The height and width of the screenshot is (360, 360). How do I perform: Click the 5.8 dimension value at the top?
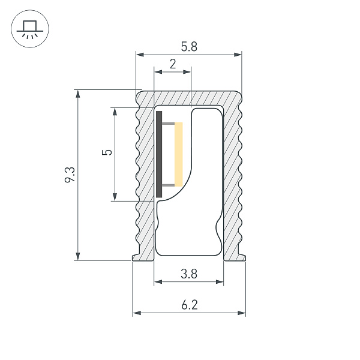pos(188,46)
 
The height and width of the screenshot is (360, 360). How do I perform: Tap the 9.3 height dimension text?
pos(70,175)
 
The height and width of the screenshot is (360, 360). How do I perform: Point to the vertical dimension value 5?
pos(107,152)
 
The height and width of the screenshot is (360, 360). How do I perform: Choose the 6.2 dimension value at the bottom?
pos(188,305)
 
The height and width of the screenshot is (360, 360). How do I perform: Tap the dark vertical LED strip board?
pos(159,154)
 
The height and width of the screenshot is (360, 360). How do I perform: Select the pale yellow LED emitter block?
pos(179,154)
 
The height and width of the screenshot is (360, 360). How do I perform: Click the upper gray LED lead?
pos(169,124)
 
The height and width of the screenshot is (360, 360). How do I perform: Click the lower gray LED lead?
pos(169,185)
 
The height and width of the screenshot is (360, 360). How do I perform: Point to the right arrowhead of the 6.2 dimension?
pos(242,313)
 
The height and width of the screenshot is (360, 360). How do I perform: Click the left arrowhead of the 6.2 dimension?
pos(136,313)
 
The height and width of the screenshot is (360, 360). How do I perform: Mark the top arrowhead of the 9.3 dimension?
pos(77,94)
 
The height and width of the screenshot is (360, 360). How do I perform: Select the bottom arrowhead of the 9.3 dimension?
pos(77,257)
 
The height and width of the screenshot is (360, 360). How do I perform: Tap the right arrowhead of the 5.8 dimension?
pos(238,55)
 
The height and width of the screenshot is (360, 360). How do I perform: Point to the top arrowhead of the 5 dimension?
pos(115,111)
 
